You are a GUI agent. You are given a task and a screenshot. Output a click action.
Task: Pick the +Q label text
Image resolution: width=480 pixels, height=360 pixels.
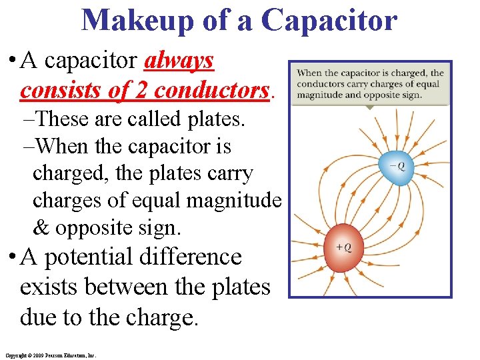[343, 247]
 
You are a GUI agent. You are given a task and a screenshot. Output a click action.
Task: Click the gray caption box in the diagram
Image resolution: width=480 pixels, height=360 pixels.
[370, 84]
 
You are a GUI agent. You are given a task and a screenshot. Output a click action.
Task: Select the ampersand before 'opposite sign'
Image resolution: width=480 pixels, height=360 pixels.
[41, 228]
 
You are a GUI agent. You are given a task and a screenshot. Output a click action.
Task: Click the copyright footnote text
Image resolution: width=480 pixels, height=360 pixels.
[51, 356]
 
